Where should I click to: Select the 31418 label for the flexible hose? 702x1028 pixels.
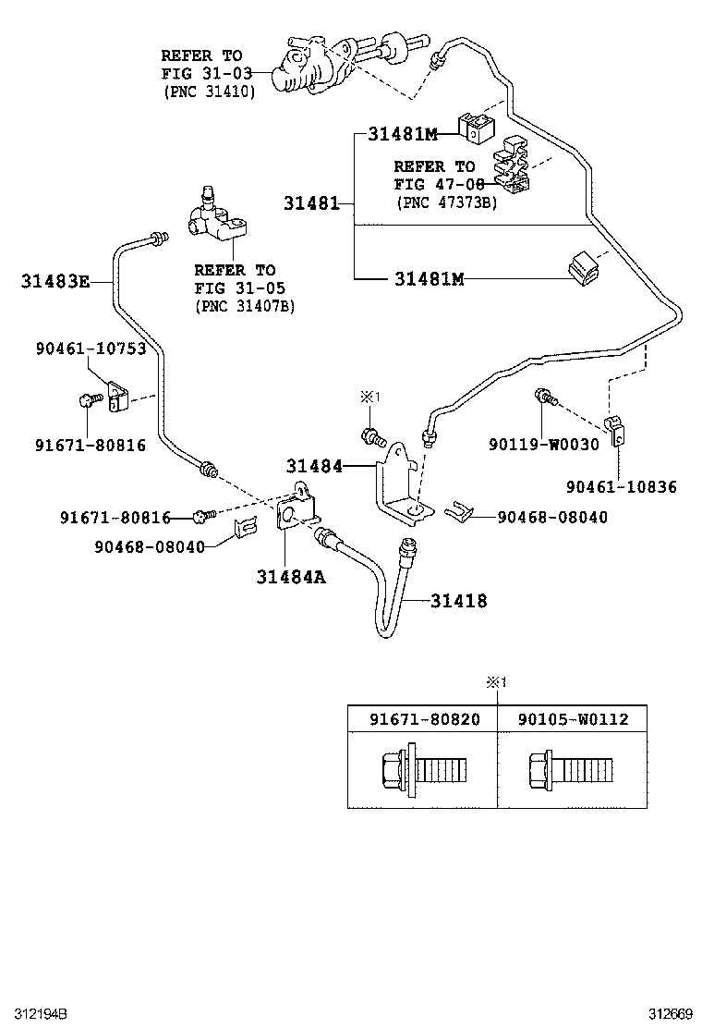click(458, 601)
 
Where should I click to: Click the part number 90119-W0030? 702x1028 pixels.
click(544, 444)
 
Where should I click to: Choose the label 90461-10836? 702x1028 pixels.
click(621, 486)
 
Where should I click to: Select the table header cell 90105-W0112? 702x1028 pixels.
click(573, 718)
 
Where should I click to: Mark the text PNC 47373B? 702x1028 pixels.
click(446, 202)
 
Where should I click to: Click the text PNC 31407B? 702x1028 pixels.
click(244, 306)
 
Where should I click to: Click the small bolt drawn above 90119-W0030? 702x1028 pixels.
click(545, 399)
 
